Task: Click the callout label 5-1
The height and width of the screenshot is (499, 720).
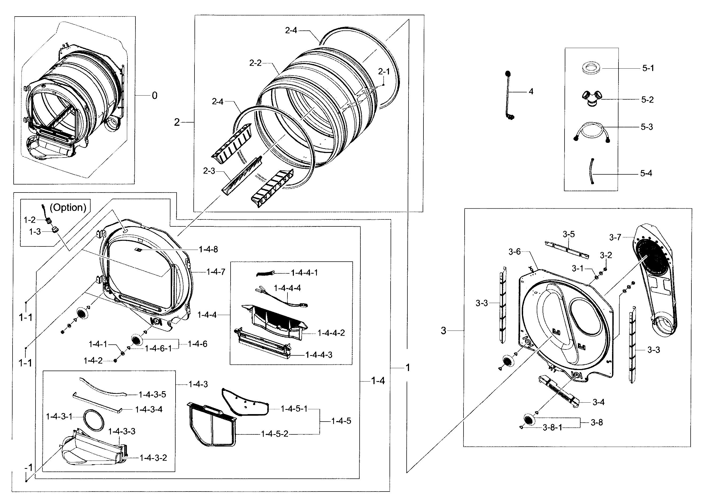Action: coord(648,68)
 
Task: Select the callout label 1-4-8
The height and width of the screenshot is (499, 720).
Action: coord(208,249)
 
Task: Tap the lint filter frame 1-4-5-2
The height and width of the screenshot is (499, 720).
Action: coord(212,425)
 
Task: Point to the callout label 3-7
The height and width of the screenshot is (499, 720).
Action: coord(615,237)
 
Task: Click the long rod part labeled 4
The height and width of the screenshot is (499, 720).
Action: coord(508,95)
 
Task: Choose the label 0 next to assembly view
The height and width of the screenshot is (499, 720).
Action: coord(154,95)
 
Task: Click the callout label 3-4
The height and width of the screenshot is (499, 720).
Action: coord(598,402)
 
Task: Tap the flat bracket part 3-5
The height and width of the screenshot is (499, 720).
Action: coord(566,249)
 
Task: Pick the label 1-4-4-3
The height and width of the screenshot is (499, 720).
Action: coord(319,355)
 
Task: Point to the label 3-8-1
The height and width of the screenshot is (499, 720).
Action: coord(552,427)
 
